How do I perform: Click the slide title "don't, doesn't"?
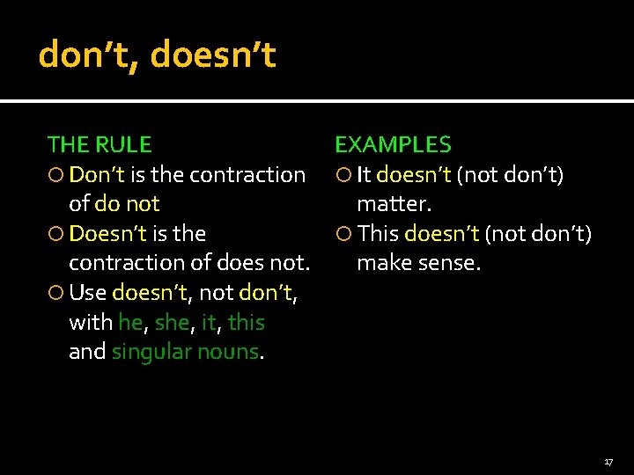(x=157, y=55)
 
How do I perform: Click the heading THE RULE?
(x=99, y=144)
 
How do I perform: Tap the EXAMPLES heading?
(x=393, y=144)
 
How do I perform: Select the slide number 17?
(x=608, y=462)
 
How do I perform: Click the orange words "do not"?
(x=126, y=204)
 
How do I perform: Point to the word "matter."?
(x=394, y=204)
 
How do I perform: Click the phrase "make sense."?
(x=418, y=263)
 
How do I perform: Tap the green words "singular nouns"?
(x=185, y=352)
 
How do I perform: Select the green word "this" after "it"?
(x=246, y=323)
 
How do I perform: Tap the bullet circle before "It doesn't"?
(x=345, y=175)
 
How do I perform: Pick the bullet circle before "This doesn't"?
(x=345, y=234)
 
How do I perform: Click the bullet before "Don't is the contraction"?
(x=57, y=175)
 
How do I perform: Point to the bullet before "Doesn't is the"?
(x=57, y=234)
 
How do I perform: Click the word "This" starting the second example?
(x=379, y=234)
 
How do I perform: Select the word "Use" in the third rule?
(x=88, y=293)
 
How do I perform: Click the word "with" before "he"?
(x=90, y=323)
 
